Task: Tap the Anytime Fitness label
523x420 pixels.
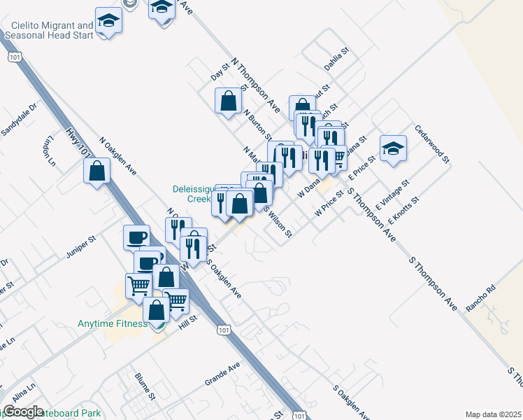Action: point(112,323)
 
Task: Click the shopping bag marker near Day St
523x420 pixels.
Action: point(229,101)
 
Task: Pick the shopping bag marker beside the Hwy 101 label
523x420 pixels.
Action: point(97,170)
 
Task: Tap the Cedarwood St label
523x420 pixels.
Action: point(431,143)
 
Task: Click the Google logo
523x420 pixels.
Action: point(22,412)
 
